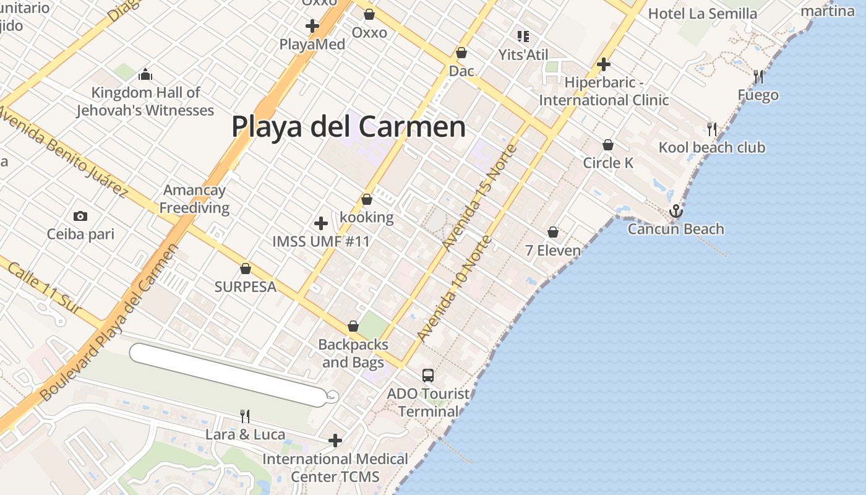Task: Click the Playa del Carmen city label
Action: tap(348, 127)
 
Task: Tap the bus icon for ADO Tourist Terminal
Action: tap(428, 375)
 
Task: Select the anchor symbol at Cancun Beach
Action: tap(676, 211)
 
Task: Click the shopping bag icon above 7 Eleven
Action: tap(553, 232)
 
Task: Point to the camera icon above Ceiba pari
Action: tap(80, 216)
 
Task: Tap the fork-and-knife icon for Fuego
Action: tap(758, 77)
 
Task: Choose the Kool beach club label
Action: tap(711, 147)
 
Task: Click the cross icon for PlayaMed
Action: tap(312, 26)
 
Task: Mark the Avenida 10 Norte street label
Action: tap(455, 288)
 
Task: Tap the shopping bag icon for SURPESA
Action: tap(246, 269)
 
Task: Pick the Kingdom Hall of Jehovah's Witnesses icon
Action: tap(145, 75)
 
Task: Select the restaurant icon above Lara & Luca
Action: tap(245, 416)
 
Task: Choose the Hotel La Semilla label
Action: tap(702, 14)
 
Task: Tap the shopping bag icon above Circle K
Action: tap(608, 145)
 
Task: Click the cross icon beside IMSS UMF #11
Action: tap(321, 223)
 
